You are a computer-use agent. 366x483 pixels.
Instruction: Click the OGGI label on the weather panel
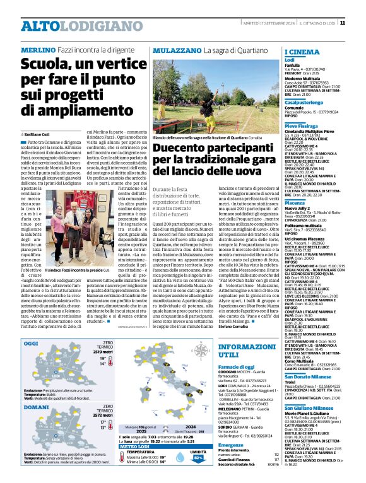pyautogui.click(x=31, y=343)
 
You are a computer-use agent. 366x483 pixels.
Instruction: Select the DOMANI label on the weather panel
pyautogui.click(x=35, y=407)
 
